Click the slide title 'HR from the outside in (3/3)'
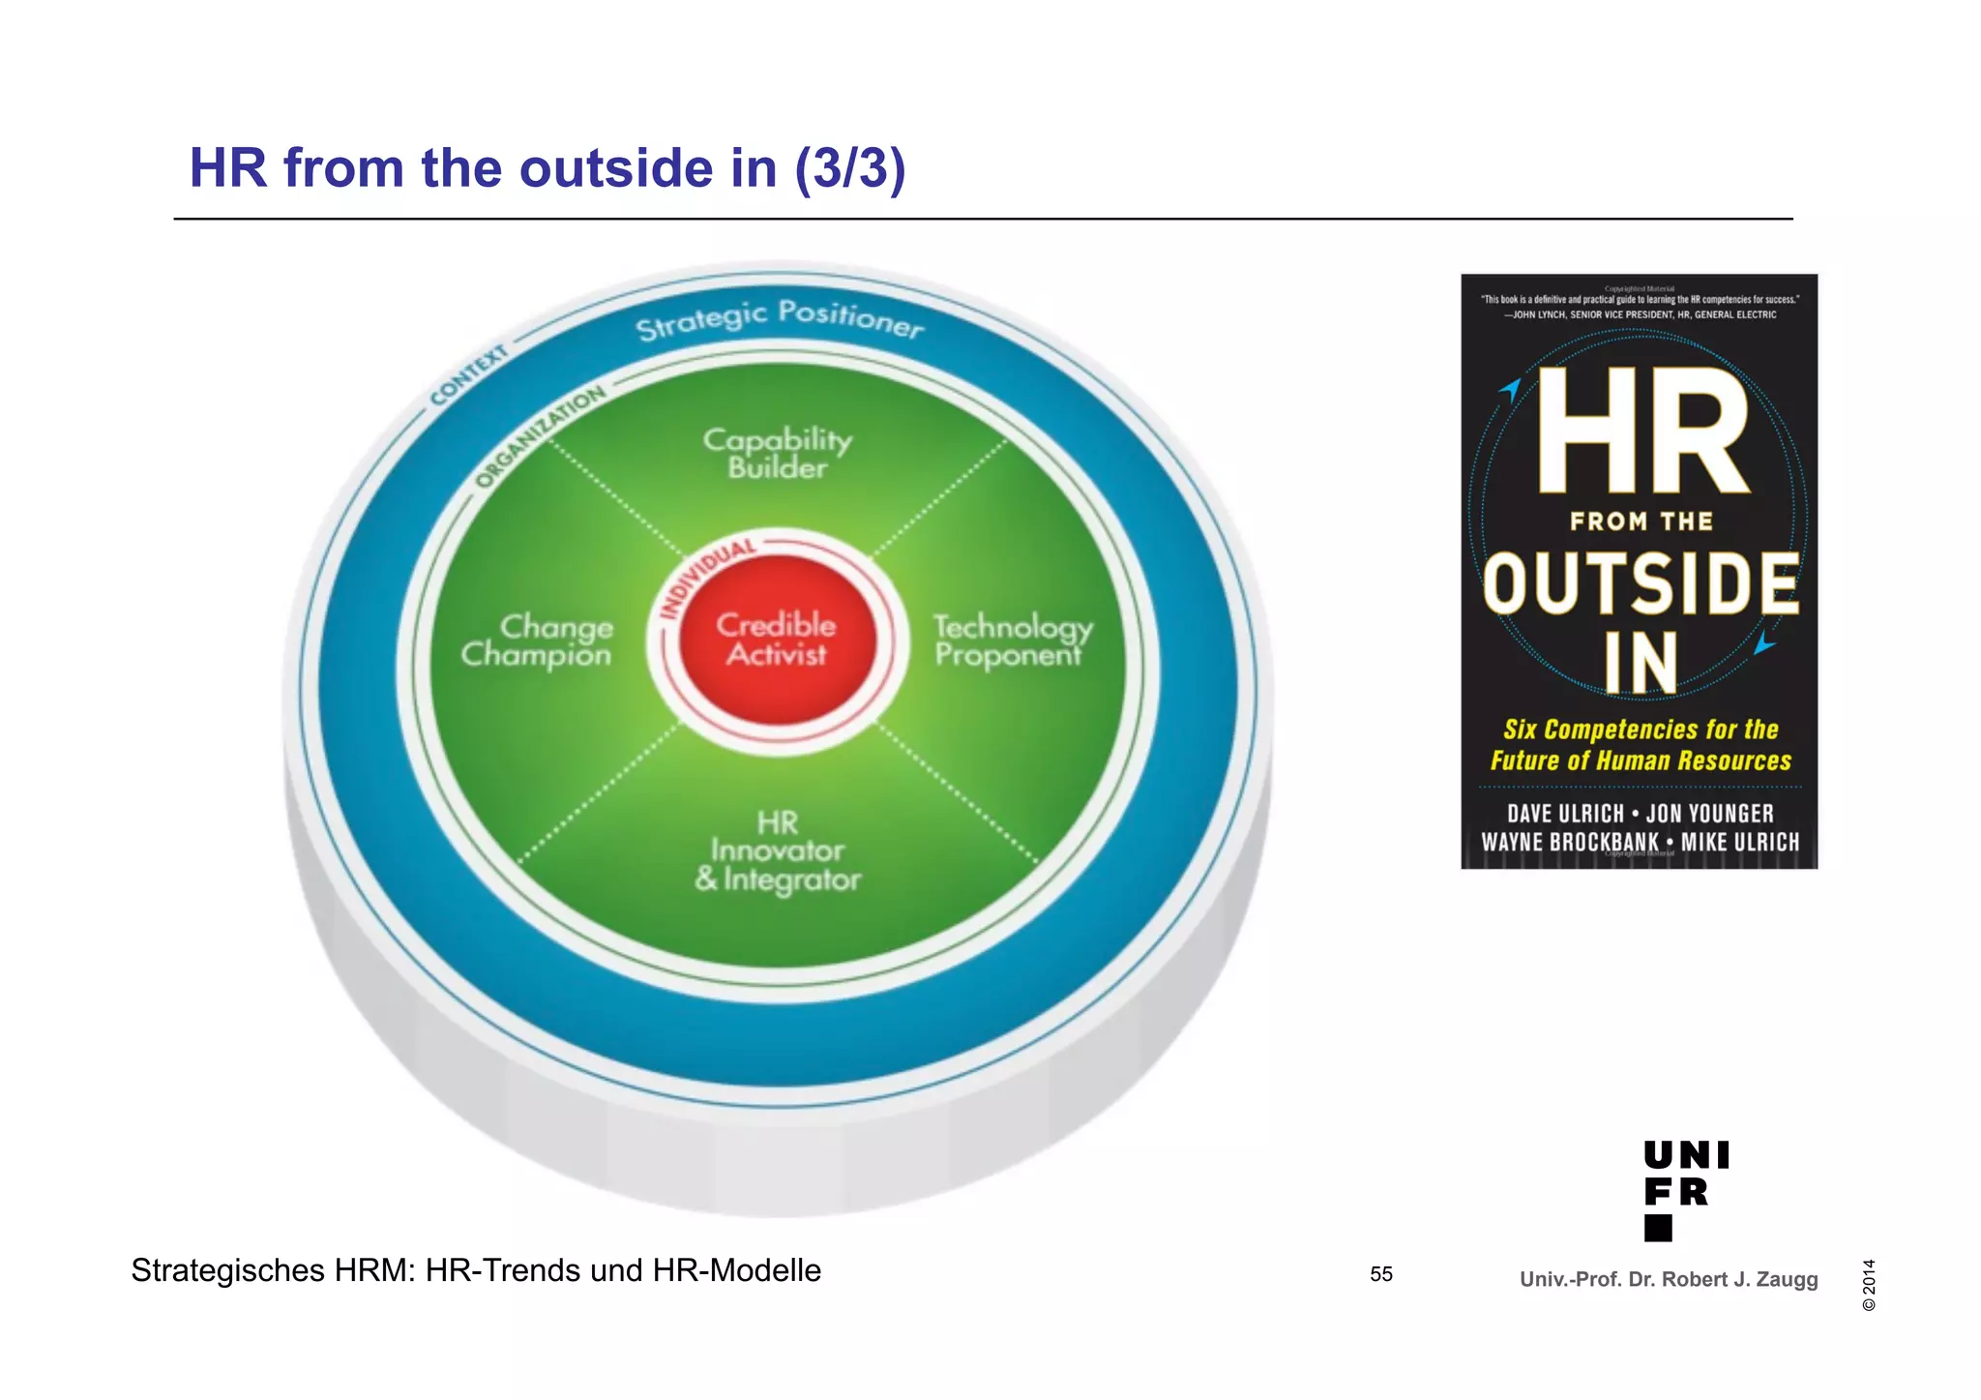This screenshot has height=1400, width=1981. pyautogui.click(x=547, y=168)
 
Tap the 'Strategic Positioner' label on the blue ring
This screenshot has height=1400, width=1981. pyautogui.click(x=780, y=319)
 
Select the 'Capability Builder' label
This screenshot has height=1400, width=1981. pyautogui.click(x=778, y=453)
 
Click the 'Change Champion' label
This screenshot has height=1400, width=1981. pyautogui.click(x=537, y=640)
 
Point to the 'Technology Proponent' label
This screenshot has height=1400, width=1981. pyautogui.click(x=1012, y=640)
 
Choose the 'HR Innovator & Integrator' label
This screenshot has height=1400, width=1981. pyautogui.click(x=778, y=851)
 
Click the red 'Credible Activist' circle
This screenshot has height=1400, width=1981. pyautogui.click(x=777, y=640)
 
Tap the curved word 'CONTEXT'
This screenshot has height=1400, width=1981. pyautogui.click(x=469, y=374)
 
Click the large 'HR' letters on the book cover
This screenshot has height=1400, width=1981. pyautogui.click(x=1642, y=432)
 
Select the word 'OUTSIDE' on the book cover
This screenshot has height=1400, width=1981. pyautogui.click(x=1641, y=584)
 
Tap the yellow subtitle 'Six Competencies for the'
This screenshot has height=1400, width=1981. pyautogui.click(x=1641, y=730)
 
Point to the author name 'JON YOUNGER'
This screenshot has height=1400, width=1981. pyautogui.click(x=1710, y=815)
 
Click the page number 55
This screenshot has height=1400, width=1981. pyautogui.click(x=1381, y=1274)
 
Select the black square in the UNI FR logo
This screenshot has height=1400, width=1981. pyautogui.click(x=1658, y=1228)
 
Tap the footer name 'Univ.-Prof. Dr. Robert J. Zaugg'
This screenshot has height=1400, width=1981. pyautogui.click(x=1669, y=1279)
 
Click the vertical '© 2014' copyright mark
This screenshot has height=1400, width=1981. pyautogui.click(x=1869, y=1285)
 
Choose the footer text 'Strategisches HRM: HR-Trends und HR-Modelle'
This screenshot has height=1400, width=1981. pyautogui.click(x=476, y=1270)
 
